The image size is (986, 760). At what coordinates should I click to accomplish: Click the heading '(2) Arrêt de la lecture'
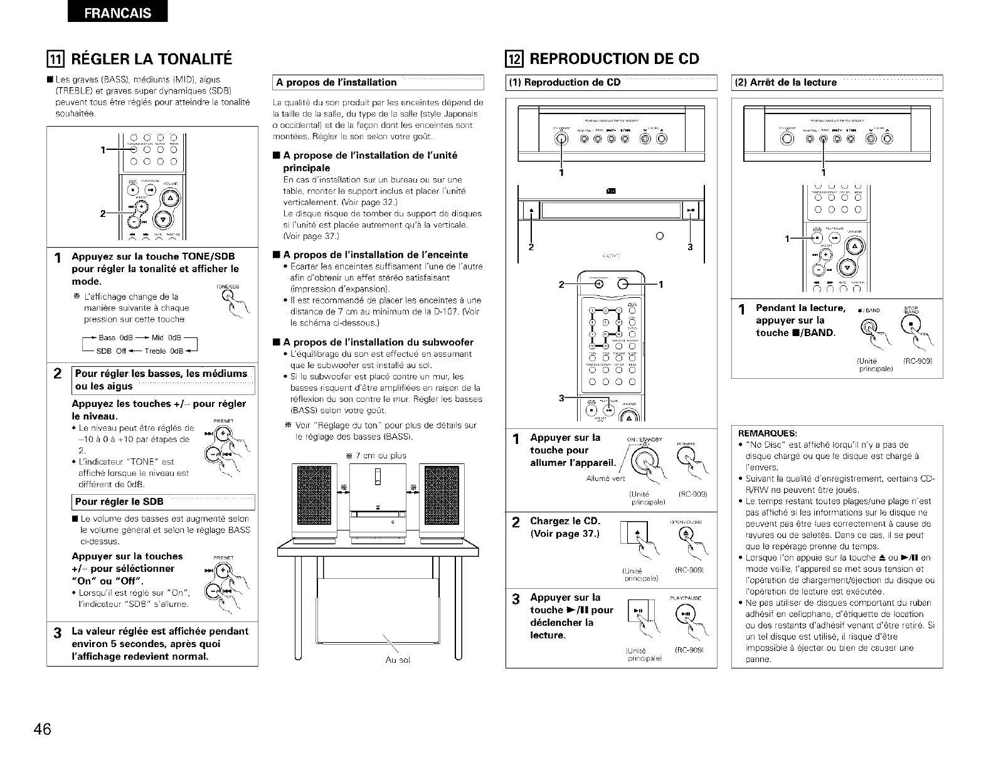(787, 82)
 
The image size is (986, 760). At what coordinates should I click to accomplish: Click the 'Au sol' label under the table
(396, 660)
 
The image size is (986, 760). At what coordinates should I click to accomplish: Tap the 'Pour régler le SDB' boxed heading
(119, 502)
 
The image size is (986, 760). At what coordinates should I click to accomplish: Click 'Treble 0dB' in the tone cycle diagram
(164, 351)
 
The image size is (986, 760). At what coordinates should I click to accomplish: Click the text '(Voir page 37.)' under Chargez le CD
(565, 534)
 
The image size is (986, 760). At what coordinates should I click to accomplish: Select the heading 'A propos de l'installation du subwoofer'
(378, 342)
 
